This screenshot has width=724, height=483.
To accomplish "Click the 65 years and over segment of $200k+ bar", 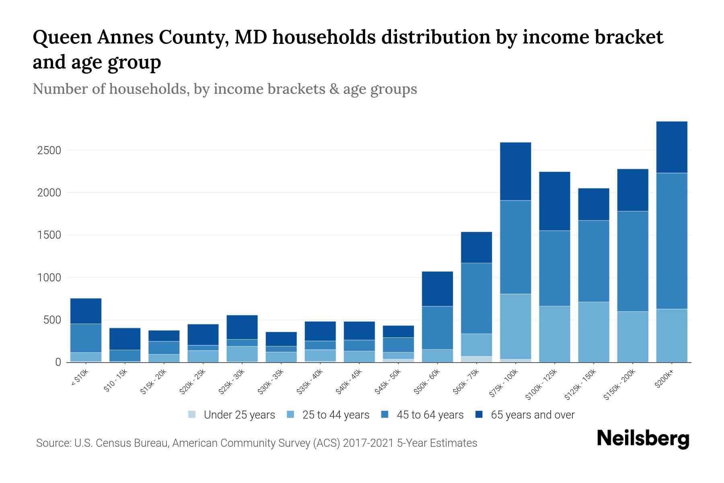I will pos(671,147).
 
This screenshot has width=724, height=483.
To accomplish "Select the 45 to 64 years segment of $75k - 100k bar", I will pos(515,247).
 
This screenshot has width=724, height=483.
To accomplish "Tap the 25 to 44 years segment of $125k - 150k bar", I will pos(593,332).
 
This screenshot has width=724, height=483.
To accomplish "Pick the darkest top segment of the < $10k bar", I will pos(86,311).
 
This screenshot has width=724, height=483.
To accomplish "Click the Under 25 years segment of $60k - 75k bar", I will pos(476,359).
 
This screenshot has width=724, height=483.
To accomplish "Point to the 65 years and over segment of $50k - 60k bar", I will pos(437,289).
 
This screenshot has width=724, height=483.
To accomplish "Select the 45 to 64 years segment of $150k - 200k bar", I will pos(632,261).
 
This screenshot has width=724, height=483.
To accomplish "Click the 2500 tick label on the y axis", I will pos(49,151).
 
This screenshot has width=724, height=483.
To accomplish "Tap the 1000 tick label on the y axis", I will pos(49,278).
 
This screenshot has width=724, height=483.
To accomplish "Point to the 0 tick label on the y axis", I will pos(58,362).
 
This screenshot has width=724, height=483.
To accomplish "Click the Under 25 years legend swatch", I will pos(192,415).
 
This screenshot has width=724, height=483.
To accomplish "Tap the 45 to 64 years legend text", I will pos(430,415).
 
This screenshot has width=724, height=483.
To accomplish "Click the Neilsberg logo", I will pos(643,440).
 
